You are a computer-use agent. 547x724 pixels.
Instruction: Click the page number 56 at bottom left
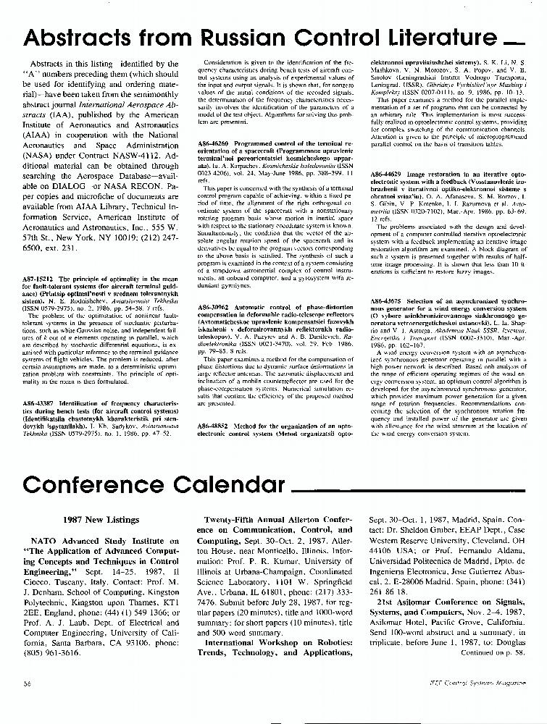point(26,683)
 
